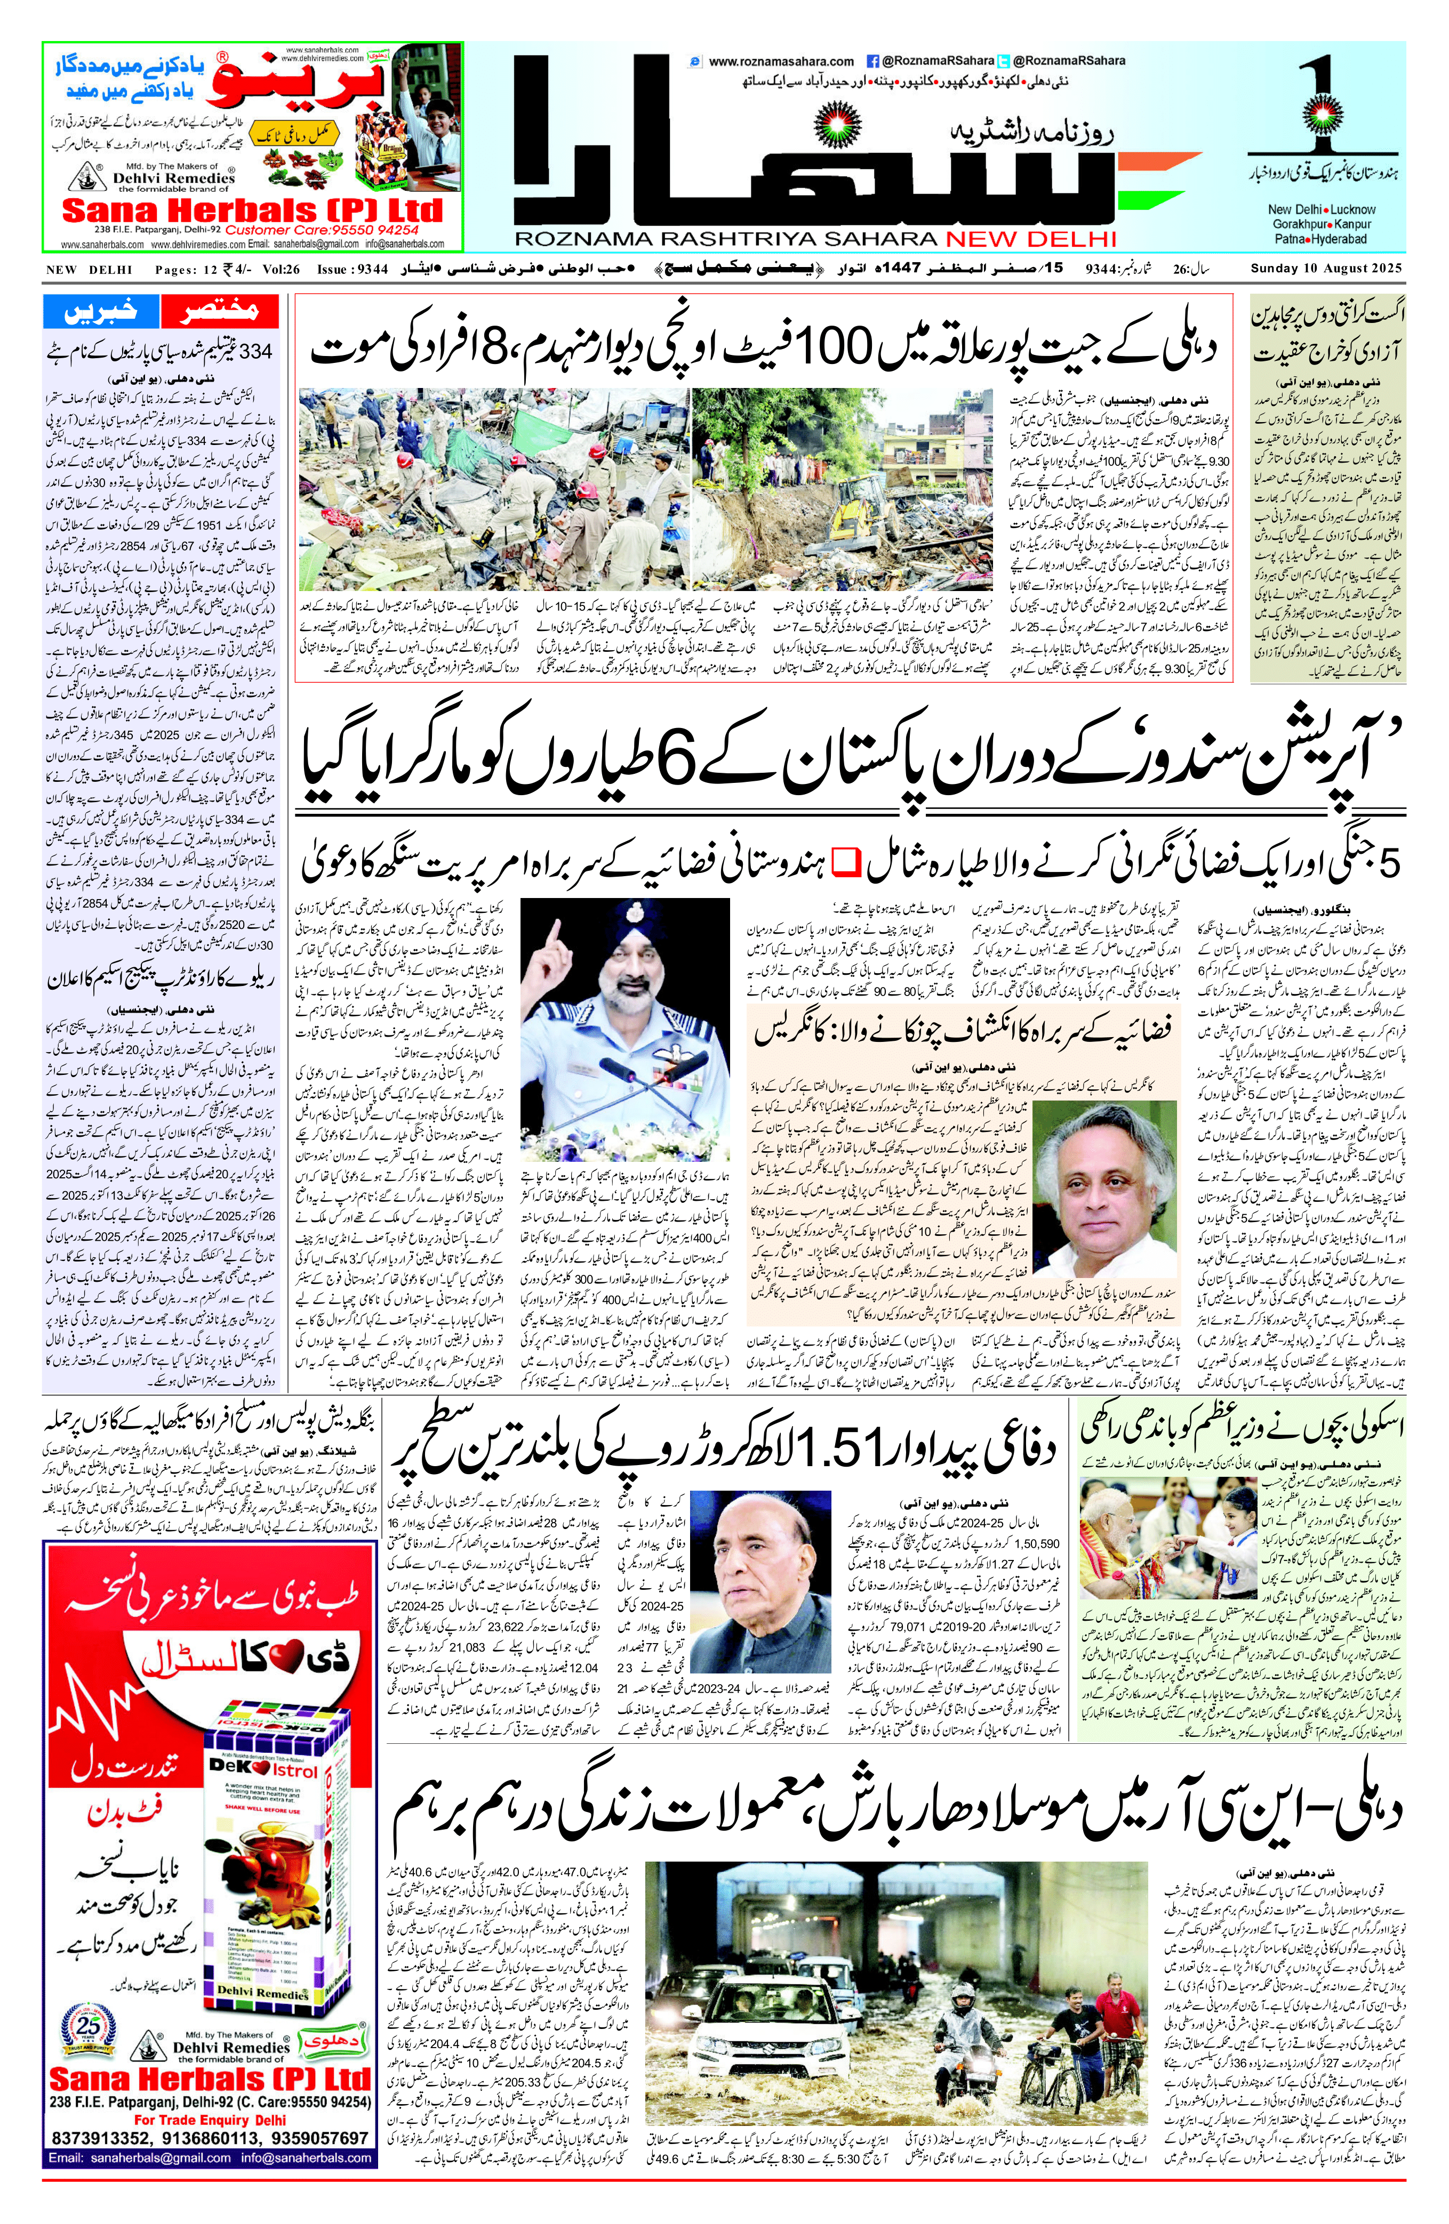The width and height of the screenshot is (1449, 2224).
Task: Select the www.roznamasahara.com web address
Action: (781, 62)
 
